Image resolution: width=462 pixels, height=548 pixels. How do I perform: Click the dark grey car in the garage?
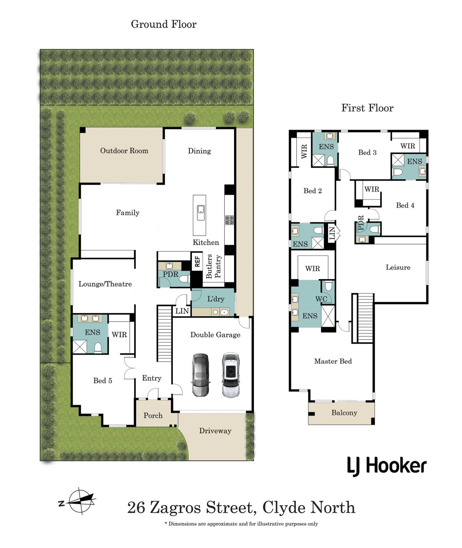[x=200, y=375]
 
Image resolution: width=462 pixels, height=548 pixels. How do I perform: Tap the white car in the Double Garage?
[x=231, y=375]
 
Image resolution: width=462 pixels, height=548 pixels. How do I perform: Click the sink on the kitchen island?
[x=201, y=213]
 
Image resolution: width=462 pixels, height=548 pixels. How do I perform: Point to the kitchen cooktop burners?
[x=230, y=220]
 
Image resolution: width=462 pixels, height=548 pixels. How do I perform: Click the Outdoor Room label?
[x=124, y=151]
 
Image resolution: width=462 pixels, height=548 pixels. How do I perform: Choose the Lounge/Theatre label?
[x=105, y=284]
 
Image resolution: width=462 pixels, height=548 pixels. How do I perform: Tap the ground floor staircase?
[x=164, y=333]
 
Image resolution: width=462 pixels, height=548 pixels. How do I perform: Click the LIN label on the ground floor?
[x=182, y=311]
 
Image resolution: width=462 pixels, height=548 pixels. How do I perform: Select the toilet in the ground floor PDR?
[x=184, y=279]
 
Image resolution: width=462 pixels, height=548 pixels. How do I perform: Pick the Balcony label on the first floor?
[x=344, y=413]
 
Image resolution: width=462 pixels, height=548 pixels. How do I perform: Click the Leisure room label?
[x=398, y=267]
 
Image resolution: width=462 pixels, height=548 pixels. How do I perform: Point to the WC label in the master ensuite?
[x=321, y=299]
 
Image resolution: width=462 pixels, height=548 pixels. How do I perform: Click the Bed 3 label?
[x=367, y=152]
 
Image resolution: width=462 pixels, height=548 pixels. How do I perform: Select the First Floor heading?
[x=367, y=108]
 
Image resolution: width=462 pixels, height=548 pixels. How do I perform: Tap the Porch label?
[x=153, y=415]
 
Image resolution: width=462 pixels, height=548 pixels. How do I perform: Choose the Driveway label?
[x=215, y=431]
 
